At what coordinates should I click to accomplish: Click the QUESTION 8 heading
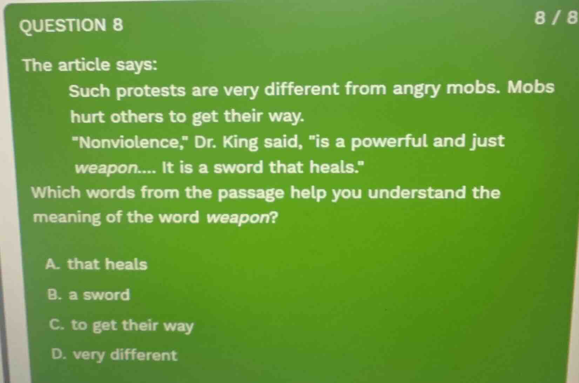point(72,25)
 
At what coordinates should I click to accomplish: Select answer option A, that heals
point(96,264)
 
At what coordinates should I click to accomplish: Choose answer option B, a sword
point(88,295)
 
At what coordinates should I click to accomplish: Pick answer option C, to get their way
point(121,326)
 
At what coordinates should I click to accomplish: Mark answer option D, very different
point(114,355)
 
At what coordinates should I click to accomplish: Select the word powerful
point(389,141)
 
